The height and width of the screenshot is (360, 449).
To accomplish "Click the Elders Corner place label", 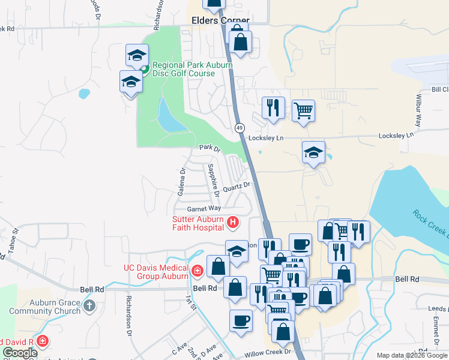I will (x=220, y=20).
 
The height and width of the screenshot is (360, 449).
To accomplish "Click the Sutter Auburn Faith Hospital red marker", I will (x=233, y=223).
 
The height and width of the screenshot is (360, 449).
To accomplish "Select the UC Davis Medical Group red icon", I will (x=196, y=272).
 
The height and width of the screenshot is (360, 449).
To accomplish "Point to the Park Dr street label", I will (x=210, y=147).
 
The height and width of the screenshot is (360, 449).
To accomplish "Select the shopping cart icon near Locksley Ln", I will (x=304, y=110).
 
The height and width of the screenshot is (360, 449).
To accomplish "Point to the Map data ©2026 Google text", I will (x=412, y=355).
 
